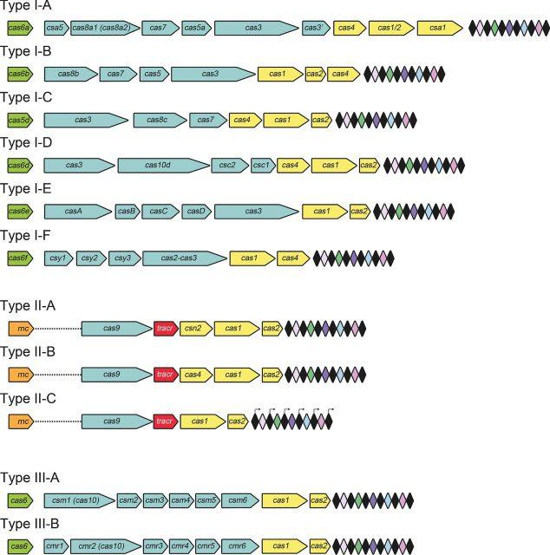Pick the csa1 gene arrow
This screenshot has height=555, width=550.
tap(438, 28)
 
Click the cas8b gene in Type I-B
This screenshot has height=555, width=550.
tap(69, 74)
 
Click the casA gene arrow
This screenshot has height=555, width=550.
tap(76, 211)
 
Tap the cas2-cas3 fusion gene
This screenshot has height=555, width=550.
tap(181, 258)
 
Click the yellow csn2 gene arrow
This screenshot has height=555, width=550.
tap(194, 327)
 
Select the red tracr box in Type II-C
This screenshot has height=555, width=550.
tap(165, 421)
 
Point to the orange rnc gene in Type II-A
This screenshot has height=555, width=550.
tap(19, 327)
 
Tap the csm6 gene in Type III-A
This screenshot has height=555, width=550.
tap(238, 500)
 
